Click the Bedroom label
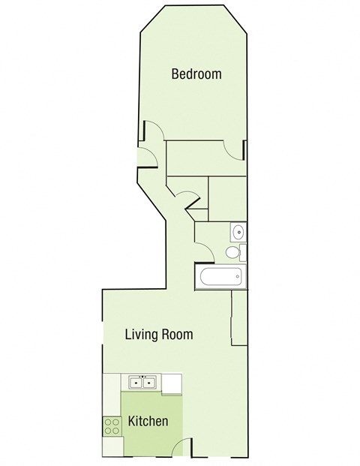[196, 74]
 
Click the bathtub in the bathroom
[220, 278]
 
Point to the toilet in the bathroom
[235, 252]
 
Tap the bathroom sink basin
[237, 231]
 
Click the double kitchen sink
[142, 383]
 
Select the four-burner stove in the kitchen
[112, 426]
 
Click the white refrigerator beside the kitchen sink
[172, 383]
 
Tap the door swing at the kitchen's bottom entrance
[181, 448]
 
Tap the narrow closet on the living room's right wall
[239, 318]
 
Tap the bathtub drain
[238, 278]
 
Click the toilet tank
[243, 252]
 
